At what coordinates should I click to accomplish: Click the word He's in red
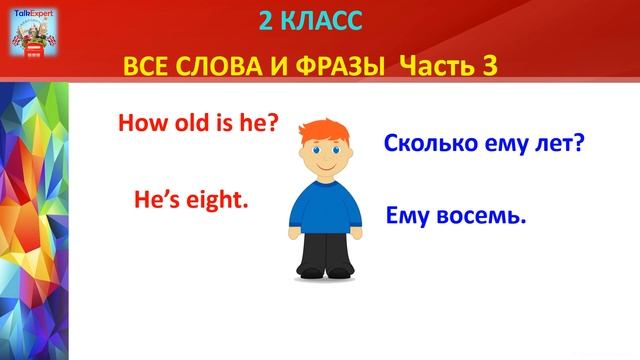click(155, 200)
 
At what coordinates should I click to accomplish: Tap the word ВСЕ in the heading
click(145, 67)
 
